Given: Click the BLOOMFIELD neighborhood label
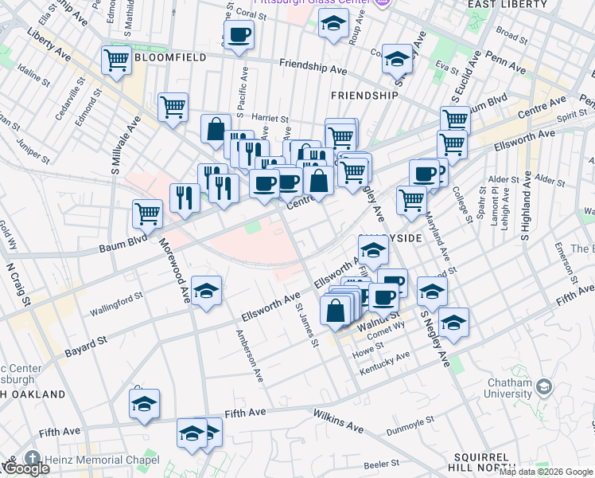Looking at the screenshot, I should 170,57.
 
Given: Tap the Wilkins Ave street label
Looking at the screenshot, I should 338,422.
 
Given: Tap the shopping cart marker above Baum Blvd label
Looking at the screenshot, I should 147,213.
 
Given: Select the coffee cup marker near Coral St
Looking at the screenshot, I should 239,35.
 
